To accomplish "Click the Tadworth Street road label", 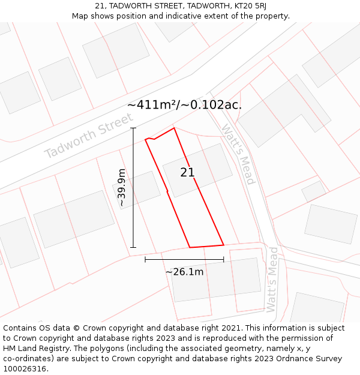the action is [89, 136].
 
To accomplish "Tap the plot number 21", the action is [187, 173].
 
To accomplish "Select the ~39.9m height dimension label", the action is [122, 187].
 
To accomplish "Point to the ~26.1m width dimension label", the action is [184, 272].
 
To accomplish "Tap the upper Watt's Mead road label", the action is [239, 154].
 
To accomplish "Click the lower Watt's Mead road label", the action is [273, 279].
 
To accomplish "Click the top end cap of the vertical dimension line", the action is [133, 128].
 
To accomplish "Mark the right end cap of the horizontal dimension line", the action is [224, 259].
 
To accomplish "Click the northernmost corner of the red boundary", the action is [174, 128].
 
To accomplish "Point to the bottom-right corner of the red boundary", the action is [224, 245].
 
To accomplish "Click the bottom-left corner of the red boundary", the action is [190, 247].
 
